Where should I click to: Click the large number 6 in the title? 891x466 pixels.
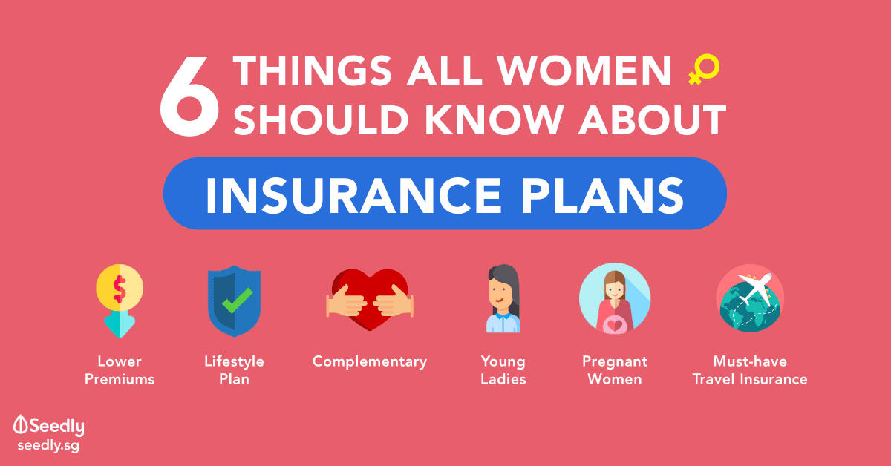[x=189, y=96]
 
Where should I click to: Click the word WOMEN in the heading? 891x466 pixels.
[x=584, y=70]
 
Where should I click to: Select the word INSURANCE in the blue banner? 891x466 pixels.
[x=353, y=195]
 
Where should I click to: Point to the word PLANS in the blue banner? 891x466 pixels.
[x=603, y=195]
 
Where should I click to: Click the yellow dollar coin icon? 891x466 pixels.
[x=120, y=287]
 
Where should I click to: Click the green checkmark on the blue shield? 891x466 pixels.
[x=237, y=301]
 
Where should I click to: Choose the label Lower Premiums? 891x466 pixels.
[x=120, y=370]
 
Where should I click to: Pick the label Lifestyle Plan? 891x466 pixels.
[x=235, y=370]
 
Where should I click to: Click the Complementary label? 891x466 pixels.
[x=370, y=362]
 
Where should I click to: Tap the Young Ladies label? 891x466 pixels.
[x=503, y=370]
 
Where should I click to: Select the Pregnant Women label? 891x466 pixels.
[x=615, y=370]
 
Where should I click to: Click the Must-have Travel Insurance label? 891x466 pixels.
[x=750, y=370]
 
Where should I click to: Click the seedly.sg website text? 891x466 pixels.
[x=48, y=445]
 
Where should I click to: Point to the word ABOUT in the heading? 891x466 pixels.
[x=653, y=119]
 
